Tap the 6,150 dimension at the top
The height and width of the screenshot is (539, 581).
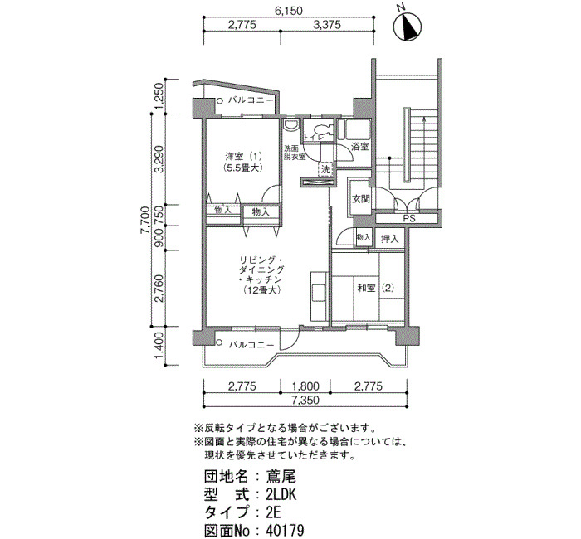click(288, 11)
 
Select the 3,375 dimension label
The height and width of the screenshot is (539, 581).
click(327, 25)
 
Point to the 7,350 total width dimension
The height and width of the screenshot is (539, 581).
click(305, 401)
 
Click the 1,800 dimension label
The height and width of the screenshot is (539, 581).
click(305, 386)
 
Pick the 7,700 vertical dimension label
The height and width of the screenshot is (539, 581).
click(144, 221)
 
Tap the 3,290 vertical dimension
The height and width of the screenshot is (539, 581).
click(159, 159)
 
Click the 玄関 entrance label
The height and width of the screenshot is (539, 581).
click(360, 199)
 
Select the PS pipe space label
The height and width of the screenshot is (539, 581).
click(409, 219)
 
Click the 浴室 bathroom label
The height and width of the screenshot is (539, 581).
click(359, 147)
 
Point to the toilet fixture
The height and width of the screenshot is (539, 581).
click(322, 129)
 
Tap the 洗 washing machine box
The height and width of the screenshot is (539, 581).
click(325, 170)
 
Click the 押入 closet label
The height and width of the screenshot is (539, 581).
click(389, 239)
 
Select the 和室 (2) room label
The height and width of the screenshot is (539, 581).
click(375, 288)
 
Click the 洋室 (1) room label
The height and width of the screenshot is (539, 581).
click(243, 155)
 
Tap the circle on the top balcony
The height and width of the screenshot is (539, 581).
click(220, 100)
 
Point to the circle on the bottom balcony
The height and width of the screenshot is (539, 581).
click(219, 342)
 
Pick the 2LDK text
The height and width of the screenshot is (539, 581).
click(281, 494)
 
